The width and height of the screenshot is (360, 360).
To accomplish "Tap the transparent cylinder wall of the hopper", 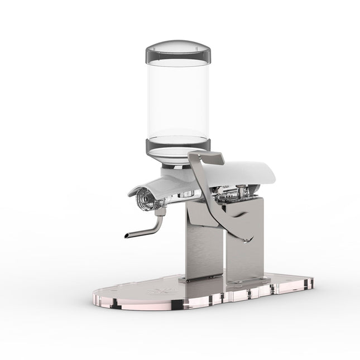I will point(179,100).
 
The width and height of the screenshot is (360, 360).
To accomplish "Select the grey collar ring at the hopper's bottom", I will point(179,146).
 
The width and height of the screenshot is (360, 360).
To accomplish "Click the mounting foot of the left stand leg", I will point(195,277).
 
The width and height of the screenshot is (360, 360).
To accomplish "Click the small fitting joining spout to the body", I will point(160,212).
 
